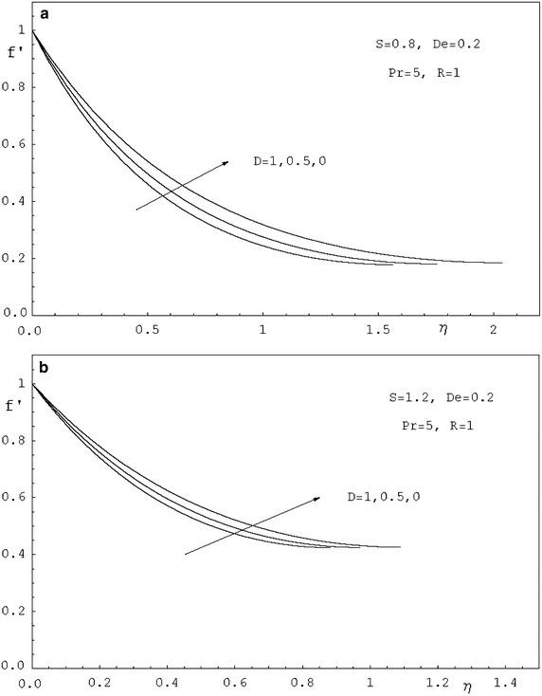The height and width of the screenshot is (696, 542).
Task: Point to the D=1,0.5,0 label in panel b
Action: [x=380, y=498]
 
